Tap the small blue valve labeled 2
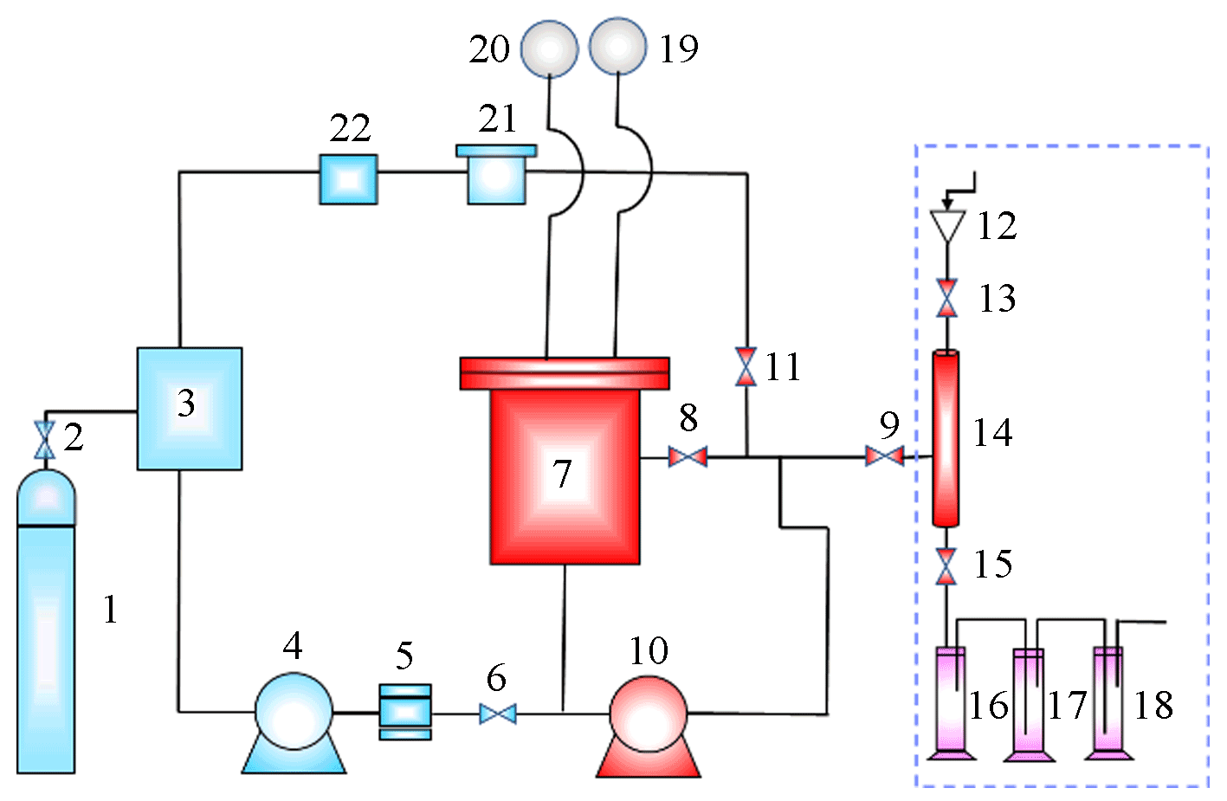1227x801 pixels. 44,440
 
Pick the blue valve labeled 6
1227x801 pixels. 498,714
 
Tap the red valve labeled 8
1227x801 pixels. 688,456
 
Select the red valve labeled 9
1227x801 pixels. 884,455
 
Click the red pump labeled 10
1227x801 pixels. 648,714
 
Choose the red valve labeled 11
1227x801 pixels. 746,366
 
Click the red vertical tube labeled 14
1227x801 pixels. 946,437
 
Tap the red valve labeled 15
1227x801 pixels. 947,566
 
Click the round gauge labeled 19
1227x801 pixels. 617,47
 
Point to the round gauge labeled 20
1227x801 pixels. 549,48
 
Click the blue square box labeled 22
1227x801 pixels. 348,179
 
